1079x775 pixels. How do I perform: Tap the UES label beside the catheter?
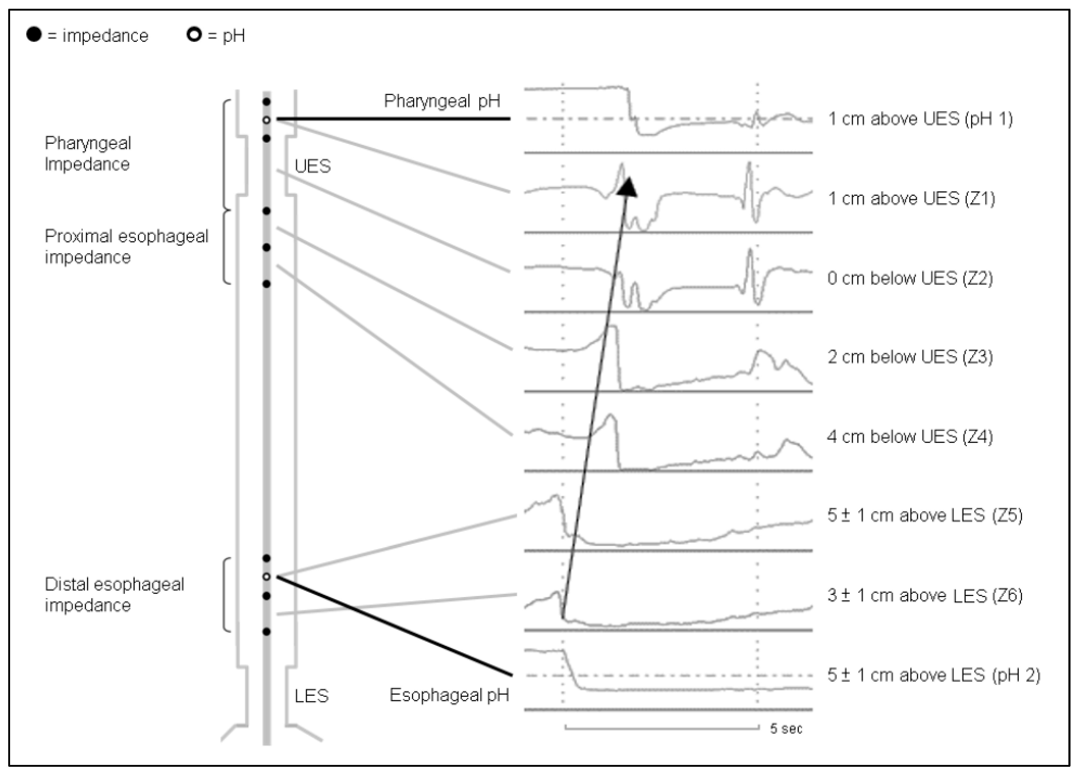coord(313,166)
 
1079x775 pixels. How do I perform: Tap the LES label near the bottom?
coord(312,696)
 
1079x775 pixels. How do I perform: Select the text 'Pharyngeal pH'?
coord(442,101)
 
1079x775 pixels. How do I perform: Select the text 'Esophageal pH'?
coord(449,695)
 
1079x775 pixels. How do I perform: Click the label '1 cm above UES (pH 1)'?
coord(920,119)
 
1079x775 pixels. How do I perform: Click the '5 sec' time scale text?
coord(786,728)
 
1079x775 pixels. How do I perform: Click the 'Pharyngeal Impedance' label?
coord(88,154)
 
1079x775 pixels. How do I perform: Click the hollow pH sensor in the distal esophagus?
coord(267,577)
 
